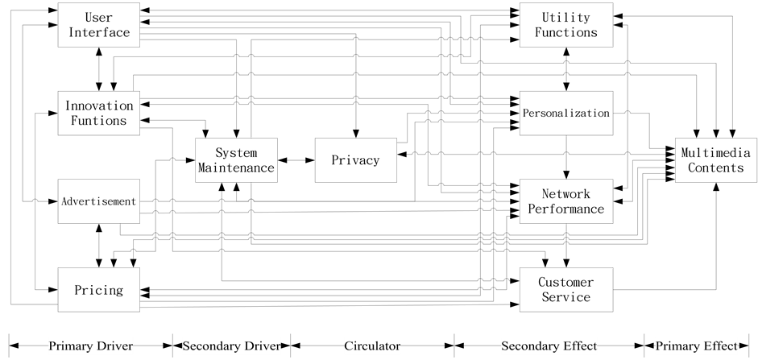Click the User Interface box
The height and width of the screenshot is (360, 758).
(x=99, y=25)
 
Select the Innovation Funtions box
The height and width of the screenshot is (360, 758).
(x=99, y=113)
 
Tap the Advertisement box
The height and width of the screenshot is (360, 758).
(x=99, y=201)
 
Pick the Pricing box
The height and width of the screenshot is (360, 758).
(x=99, y=290)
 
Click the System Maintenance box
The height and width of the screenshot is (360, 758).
(x=237, y=160)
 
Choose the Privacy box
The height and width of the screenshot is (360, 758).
(x=355, y=160)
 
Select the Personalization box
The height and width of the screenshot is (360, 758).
(x=566, y=113)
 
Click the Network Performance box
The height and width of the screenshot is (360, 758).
(x=566, y=201)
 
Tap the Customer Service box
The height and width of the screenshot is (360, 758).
(x=566, y=290)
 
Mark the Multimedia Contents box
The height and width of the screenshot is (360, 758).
(x=715, y=160)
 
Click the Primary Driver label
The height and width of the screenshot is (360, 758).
(x=90, y=346)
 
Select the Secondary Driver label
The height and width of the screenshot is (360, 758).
(x=231, y=346)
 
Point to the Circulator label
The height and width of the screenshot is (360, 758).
(x=372, y=346)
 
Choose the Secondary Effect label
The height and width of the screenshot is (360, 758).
(x=549, y=346)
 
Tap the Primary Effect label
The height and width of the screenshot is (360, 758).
(x=696, y=346)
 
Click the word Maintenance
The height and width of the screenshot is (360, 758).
(x=237, y=168)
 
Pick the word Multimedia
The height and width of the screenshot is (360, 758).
(x=715, y=153)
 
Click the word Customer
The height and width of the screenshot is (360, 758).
(x=566, y=283)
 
